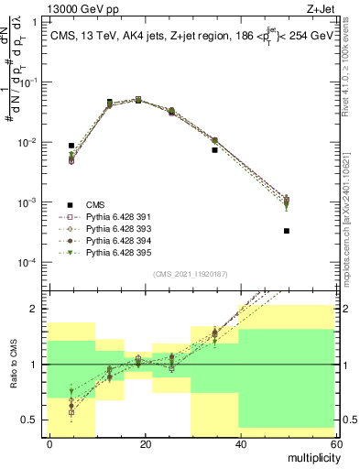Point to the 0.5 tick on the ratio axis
(x=29, y=420)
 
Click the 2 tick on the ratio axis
(x=35, y=309)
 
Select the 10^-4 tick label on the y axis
(x=27, y=263)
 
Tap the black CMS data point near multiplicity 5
(x=71, y=146)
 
